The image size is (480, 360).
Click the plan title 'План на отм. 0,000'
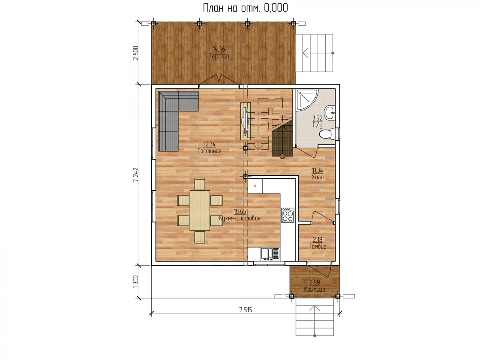point(245,8)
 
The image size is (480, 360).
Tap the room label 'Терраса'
point(219,56)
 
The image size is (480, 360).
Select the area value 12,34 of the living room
point(210,144)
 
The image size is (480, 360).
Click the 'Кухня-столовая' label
point(240,218)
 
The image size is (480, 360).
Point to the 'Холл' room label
point(317,177)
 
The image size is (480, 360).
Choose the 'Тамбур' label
point(318,246)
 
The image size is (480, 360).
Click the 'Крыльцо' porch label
point(314,289)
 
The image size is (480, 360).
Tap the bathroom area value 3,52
point(317,118)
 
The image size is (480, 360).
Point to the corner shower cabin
point(307,98)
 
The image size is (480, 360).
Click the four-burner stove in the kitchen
point(288,215)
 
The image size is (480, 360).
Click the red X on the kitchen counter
point(255,186)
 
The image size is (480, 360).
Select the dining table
point(200,210)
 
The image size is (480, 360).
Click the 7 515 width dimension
point(246,310)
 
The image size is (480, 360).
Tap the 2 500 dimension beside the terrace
point(136,53)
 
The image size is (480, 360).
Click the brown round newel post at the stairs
point(282,156)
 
